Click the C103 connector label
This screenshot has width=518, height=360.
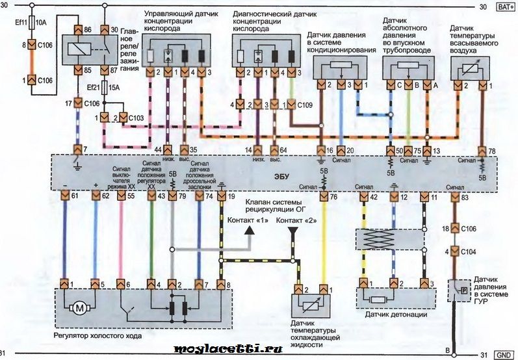135,118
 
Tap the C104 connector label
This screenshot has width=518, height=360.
469,251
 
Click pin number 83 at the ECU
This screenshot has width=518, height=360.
465,196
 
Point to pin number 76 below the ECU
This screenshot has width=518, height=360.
333,196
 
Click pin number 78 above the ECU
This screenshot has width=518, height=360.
491,150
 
